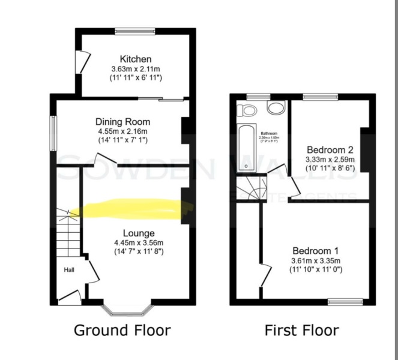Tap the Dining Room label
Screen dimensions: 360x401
(122, 122)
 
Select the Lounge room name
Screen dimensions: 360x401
(139, 233)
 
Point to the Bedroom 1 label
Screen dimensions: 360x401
(316, 250)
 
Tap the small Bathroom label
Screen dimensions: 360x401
(268, 133)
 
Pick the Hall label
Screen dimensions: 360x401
(70, 271)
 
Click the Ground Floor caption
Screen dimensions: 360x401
(122, 330)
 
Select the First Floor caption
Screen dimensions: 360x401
(302, 330)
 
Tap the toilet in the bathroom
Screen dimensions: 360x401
(246, 109)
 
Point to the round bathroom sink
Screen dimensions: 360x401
(276, 108)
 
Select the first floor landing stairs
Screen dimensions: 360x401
(250, 189)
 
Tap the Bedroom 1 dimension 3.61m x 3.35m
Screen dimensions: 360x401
(316, 260)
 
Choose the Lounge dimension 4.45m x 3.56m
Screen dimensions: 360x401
(139, 242)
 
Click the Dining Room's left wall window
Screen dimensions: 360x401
(53, 133)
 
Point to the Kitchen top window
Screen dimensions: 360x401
(136, 31)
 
